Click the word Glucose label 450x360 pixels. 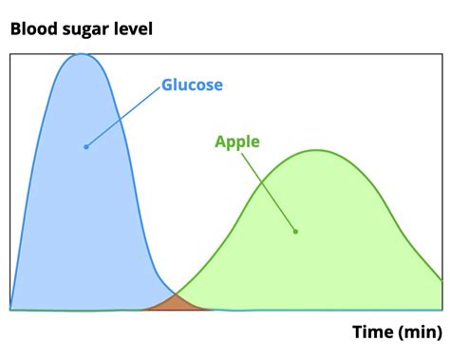click(192, 85)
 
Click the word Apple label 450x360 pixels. click(237, 142)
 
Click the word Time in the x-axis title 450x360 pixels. click(372, 332)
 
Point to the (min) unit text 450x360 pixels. click(420, 332)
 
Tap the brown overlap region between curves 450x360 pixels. click(174, 303)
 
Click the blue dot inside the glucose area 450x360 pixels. click(85, 146)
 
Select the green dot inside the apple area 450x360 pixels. click(295, 231)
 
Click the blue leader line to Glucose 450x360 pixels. click(122, 116)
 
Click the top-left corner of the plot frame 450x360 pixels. click(10, 54)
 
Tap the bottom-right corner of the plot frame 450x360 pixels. click(441, 310)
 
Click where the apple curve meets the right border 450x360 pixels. click(441, 280)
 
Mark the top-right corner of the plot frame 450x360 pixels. click(441, 54)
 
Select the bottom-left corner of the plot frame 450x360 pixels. click(10, 310)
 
